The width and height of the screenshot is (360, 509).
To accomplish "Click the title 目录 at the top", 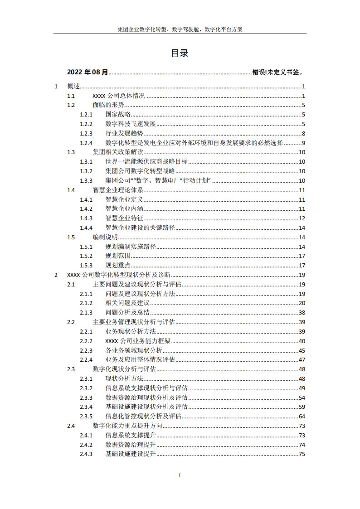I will tap(180, 53).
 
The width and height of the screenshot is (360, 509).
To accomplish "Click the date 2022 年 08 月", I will tap(88, 72).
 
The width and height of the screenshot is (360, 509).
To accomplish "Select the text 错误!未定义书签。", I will tap(277, 72).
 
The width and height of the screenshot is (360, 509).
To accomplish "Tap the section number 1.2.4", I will tap(86, 143).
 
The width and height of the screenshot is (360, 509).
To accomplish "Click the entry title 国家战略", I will tap(118, 115).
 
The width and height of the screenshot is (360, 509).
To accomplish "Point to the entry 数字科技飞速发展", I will tap(131, 124).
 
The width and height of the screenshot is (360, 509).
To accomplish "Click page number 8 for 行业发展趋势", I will tap(303, 133).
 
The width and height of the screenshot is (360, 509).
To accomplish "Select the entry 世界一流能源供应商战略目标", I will tap(146, 162).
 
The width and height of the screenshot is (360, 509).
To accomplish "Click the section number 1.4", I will tap(71, 190).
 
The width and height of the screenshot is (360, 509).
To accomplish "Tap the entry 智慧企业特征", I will tap(124, 218).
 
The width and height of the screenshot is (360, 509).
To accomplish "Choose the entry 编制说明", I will tap(105, 237).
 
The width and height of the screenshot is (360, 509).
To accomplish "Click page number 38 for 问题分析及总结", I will tap(302, 313).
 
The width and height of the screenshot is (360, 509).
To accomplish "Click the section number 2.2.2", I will tap(86, 341).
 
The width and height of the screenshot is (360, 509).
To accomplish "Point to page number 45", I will tap(302, 350).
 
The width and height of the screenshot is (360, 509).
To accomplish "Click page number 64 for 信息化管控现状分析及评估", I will tap(302, 416).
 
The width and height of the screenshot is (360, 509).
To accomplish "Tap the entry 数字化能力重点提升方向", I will tap(127, 426).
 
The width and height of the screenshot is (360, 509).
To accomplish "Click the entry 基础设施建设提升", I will tap(131, 454).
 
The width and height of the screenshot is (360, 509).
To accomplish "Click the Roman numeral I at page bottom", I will tap(180, 475).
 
